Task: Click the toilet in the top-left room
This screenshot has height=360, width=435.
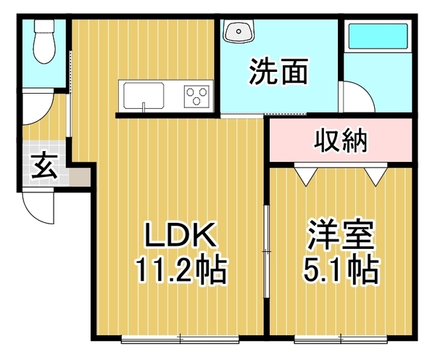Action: [44, 41]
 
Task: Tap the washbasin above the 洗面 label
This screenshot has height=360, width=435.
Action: [239, 30]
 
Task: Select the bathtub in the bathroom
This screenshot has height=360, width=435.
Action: [378, 36]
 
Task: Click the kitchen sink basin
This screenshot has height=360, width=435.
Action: [144, 95]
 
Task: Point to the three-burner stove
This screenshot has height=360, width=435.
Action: [196, 97]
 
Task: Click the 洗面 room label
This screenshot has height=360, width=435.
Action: [278, 71]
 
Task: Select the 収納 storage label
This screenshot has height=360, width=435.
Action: [341, 141]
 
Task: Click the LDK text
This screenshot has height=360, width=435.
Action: [181, 234]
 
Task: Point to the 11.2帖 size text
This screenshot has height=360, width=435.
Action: [181, 269]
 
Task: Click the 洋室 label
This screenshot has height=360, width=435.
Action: [341, 234]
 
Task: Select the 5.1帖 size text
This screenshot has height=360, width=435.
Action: [341, 269]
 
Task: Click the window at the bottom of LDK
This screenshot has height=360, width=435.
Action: [181, 339]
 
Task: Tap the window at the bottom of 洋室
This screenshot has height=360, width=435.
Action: [341, 339]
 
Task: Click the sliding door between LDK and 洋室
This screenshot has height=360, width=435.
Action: [267, 252]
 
